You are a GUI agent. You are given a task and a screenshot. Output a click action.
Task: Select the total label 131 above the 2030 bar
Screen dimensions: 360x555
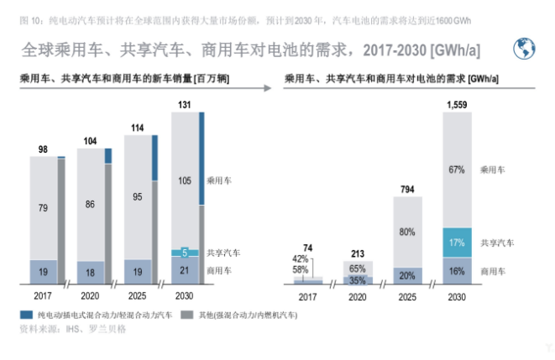click(183, 105)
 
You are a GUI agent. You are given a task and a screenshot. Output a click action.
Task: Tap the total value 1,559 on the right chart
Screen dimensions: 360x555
click(457, 105)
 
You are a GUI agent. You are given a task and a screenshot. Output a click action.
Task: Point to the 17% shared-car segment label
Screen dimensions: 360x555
click(457, 243)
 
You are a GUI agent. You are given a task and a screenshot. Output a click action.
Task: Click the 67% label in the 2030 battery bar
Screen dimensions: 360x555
click(457, 170)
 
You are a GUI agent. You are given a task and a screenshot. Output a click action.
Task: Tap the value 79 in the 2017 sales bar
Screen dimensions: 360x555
click(43, 207)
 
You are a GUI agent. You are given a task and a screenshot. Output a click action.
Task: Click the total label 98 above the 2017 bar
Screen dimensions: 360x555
click(43, 149)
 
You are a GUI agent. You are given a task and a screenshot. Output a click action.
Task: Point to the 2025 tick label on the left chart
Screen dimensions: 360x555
click(137, 296)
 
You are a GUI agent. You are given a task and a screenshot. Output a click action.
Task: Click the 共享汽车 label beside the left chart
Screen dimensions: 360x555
click(224, 252)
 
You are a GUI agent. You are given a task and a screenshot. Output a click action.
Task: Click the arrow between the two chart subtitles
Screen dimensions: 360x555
click(267, 86)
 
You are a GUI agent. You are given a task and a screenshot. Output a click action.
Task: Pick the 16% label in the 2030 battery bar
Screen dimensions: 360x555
click(457, 271)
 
